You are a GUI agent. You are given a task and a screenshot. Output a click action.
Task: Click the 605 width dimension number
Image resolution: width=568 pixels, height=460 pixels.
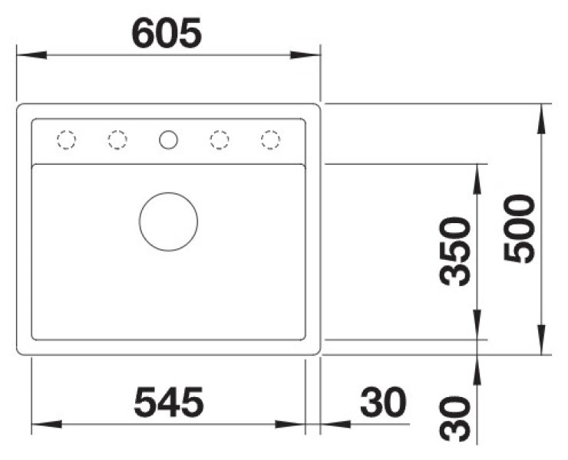[167, 33]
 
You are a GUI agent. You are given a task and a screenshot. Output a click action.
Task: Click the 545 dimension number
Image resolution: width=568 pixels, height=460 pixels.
[169, 402]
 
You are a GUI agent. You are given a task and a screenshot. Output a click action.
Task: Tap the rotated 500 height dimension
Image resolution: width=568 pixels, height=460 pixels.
[520, 228]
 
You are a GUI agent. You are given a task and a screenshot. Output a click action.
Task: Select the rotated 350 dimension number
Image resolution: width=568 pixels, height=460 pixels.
[454, 251]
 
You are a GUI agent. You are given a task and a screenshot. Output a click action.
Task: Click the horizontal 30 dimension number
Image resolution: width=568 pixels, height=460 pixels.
[383, 402]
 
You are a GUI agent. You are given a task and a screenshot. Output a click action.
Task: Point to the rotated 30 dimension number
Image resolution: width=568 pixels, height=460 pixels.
[454, 419]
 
